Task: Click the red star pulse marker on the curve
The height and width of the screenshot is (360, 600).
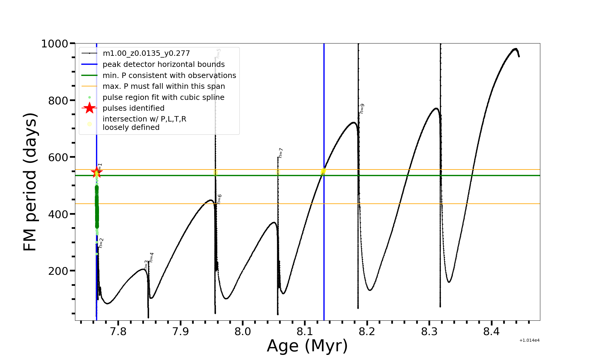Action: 97,172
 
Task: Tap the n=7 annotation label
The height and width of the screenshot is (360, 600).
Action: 281,153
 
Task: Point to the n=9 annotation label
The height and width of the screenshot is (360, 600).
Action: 362,109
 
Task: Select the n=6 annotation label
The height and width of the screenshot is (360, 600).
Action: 219,199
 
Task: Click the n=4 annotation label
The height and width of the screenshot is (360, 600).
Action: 151,257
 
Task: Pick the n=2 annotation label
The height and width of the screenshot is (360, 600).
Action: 101,243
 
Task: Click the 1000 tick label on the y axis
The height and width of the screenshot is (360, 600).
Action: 55,44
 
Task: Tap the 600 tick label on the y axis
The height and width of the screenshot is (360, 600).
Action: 58,157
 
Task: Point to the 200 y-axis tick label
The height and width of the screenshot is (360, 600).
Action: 58,271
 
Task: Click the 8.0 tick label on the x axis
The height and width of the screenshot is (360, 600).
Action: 243,331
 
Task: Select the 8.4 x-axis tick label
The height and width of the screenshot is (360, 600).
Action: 491,331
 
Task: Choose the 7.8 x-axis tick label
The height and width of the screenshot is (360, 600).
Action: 118,331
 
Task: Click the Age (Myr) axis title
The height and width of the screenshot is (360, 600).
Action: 307,346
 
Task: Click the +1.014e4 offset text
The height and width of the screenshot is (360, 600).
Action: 529,340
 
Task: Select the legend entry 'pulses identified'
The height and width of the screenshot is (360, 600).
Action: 133,108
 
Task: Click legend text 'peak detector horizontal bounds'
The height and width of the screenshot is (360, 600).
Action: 163,64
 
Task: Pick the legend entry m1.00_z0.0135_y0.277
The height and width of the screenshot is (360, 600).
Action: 146,53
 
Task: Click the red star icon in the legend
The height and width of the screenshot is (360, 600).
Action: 89,108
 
